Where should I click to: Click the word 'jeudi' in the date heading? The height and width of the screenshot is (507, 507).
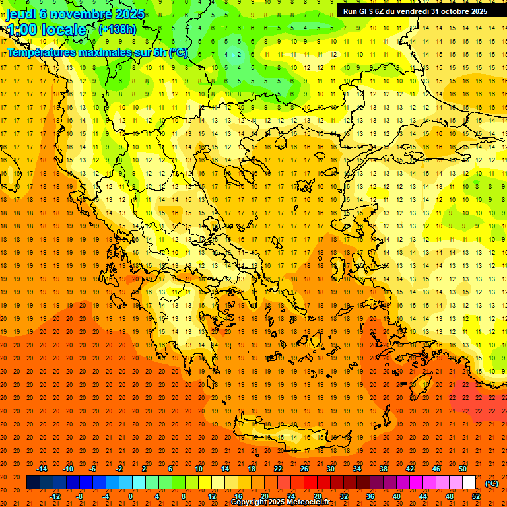click(x=21, y=14)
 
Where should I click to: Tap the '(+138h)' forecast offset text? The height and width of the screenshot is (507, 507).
click(x=117, y=29)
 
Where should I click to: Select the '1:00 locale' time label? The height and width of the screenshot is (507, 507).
click(x=47, y=30)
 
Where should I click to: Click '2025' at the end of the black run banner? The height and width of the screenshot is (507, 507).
click(x=476, y=11)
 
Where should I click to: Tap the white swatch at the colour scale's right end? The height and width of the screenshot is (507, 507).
click(x=469, y=483)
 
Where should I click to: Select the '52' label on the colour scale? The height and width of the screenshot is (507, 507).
click(x=476, y=496)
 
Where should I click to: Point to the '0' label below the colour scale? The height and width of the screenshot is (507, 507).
click(x=131, y=496)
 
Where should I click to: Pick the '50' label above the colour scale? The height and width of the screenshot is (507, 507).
click(x=462, y=469)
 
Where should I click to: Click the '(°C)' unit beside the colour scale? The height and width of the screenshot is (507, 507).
click(x=492, y=483)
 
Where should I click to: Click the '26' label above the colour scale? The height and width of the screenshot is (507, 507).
click(x=304, y=469)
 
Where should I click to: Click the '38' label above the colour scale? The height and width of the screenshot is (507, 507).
click(x=384, y=469)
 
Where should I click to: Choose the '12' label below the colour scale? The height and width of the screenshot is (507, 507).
click(x=212, y=496)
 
